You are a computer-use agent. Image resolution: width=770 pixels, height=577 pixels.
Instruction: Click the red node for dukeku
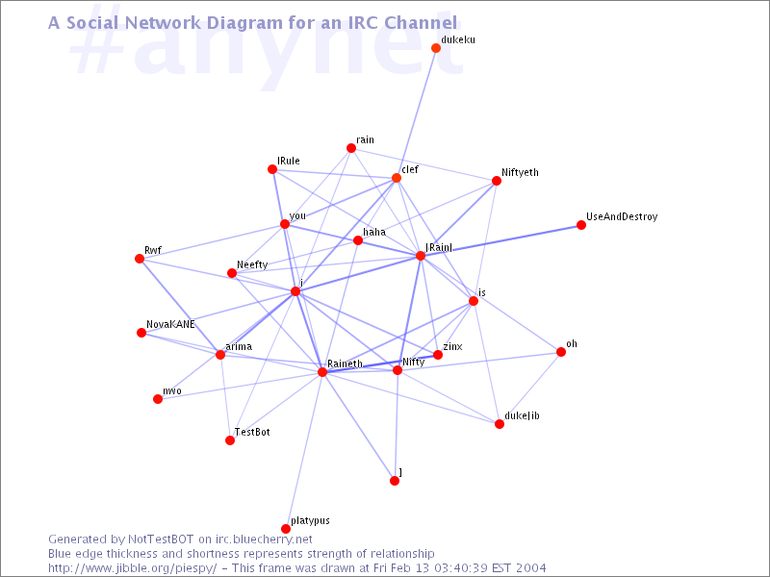436,48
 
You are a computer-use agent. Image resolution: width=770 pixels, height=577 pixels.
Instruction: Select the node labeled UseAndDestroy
581,225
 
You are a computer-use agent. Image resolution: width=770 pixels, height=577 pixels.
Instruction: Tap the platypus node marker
286,529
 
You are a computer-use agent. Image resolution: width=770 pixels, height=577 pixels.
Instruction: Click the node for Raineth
322,372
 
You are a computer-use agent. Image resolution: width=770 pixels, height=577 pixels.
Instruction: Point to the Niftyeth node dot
497,181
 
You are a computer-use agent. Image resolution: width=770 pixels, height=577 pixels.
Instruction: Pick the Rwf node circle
140,259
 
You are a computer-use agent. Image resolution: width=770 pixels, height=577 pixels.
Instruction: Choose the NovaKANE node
141,333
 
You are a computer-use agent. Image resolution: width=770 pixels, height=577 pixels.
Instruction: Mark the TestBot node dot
230,440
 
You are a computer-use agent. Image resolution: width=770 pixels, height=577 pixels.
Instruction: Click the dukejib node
500,424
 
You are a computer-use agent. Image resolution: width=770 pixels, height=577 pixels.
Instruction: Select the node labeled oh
561,352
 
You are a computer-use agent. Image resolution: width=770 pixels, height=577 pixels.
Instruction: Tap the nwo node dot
158,399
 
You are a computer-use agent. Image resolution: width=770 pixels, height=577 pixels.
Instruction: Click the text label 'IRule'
289,161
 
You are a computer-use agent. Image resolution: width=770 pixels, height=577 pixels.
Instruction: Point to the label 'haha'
374,232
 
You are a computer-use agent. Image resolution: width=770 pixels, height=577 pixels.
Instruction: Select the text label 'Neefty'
251,264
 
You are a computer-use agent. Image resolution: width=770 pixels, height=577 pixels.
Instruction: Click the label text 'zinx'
452,345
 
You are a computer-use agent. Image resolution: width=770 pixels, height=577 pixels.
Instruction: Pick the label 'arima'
239,345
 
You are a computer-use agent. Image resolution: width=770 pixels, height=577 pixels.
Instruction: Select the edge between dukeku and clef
417,112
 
